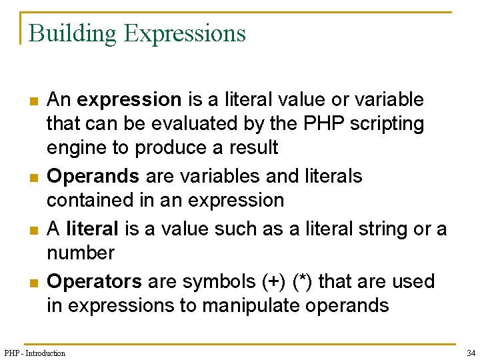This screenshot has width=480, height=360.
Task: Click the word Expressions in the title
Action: coord(185,33)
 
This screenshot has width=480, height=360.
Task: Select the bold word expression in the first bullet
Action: coord(129,100)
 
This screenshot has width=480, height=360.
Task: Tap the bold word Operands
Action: coord(93,176)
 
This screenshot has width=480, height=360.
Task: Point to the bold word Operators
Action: coord(95,281)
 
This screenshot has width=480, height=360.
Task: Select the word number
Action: coord(81,253)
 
